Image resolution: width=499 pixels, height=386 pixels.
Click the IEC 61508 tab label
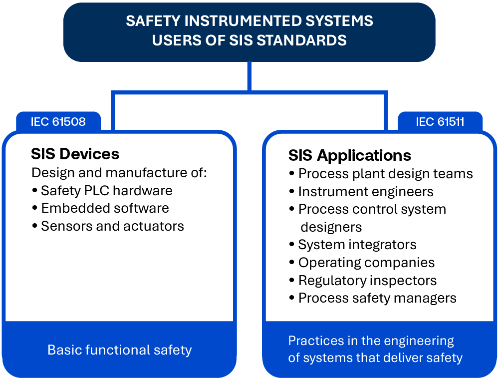click(58, 122)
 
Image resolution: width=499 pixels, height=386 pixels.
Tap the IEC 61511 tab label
click(440, 122)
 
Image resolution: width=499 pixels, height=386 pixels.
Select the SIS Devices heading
click(75, 154)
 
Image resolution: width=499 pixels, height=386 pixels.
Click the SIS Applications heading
click(350, 155)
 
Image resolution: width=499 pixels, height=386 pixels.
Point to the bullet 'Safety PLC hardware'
click(102, 191)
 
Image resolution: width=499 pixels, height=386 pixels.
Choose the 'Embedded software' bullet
click(101, 208)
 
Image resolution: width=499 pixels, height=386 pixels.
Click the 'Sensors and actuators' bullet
click(108, 226)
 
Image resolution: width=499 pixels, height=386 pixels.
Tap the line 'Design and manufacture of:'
click(119, 173)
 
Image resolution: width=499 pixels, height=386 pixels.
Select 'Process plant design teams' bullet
click(381, 174)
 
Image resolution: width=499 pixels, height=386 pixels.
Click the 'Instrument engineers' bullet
click(361, 192)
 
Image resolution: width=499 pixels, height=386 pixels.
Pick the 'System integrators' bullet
click(353, 245)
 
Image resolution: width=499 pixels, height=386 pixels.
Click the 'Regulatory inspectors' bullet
click(363, 281)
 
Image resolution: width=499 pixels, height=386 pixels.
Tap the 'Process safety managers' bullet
click(373, 298)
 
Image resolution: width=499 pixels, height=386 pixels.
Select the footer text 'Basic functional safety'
click(120, 350)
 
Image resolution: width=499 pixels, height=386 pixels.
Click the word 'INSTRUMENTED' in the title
click(243, 21)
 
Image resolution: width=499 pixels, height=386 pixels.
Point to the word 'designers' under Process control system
click(331, 227)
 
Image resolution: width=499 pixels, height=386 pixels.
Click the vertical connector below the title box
click(249, 76)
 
